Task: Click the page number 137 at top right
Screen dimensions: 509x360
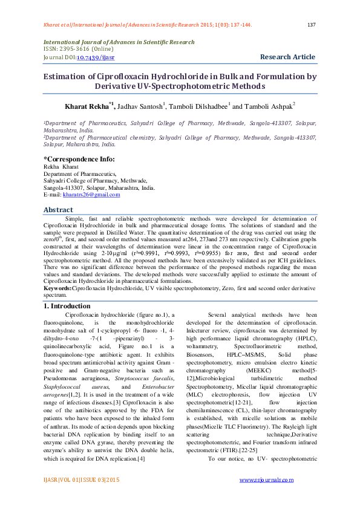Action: click(312, 25)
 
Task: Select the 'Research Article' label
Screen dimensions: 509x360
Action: click(288, 57)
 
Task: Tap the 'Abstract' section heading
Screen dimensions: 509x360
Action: click(58, 210)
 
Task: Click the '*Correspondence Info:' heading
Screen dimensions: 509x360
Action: click(79, 158)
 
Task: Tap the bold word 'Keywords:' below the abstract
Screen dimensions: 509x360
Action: click(57, 289)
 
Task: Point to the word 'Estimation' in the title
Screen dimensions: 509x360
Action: click(65, 77)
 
